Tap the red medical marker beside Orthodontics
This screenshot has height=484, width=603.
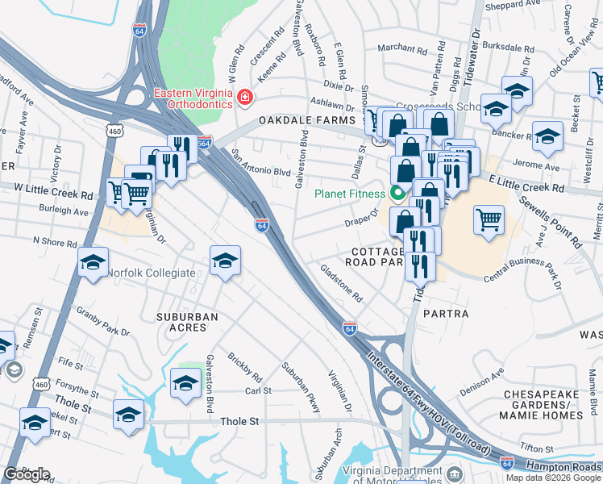point(245,98)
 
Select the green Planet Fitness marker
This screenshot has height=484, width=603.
point(397,194)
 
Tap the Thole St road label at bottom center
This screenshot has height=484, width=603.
point(241,422)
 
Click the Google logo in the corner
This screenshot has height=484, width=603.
point(27,474)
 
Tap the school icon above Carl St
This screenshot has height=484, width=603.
point(186,382)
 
